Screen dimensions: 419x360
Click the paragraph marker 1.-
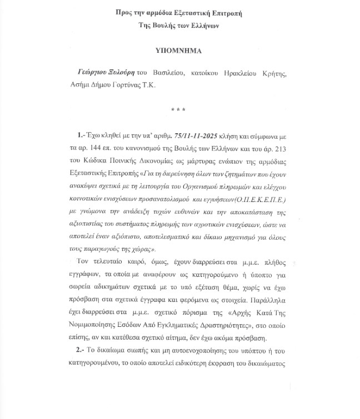[x=82, y=135]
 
